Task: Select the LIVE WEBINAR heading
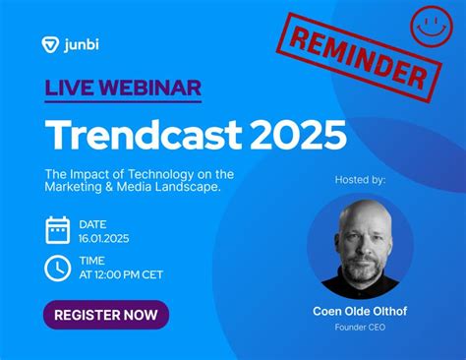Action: point(122,87)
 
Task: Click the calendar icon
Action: point(57,229)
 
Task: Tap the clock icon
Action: point(57,268)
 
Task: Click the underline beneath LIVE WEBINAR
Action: point(122,102)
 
